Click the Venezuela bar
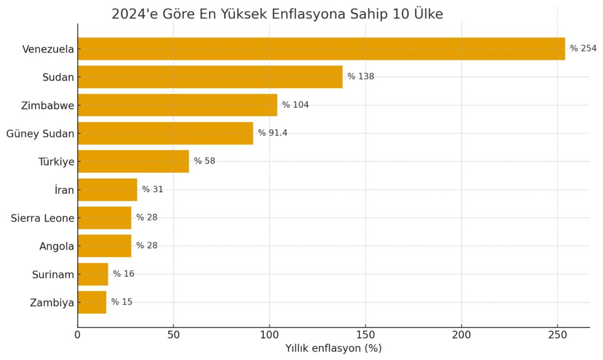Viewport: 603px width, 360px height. [321, 49]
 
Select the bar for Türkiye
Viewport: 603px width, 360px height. [133, 161]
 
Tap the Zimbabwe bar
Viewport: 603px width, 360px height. [177, 105]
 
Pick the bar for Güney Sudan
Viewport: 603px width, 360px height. [165, 133]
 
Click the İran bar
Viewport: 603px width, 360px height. [107, 189]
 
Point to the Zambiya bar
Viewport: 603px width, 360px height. [92, 302]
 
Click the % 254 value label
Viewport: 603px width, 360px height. [583, 49]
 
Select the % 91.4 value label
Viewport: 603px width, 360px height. [272, 133]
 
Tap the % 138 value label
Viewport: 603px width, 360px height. [361, 76]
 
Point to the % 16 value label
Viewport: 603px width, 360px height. [123, 274]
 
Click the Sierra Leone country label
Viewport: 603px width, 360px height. [42, 218]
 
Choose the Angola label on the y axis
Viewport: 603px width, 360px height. [57, 246]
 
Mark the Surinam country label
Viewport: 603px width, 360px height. [53, 274]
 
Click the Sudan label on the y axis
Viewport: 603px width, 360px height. [58, 77]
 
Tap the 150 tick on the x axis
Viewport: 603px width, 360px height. [366, 335]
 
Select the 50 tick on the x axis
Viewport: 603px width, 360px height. [173, 335]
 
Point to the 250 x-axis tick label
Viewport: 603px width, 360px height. [557, 335]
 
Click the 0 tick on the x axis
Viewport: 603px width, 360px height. [78, 335]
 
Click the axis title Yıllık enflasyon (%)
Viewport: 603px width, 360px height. [334, 349]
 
